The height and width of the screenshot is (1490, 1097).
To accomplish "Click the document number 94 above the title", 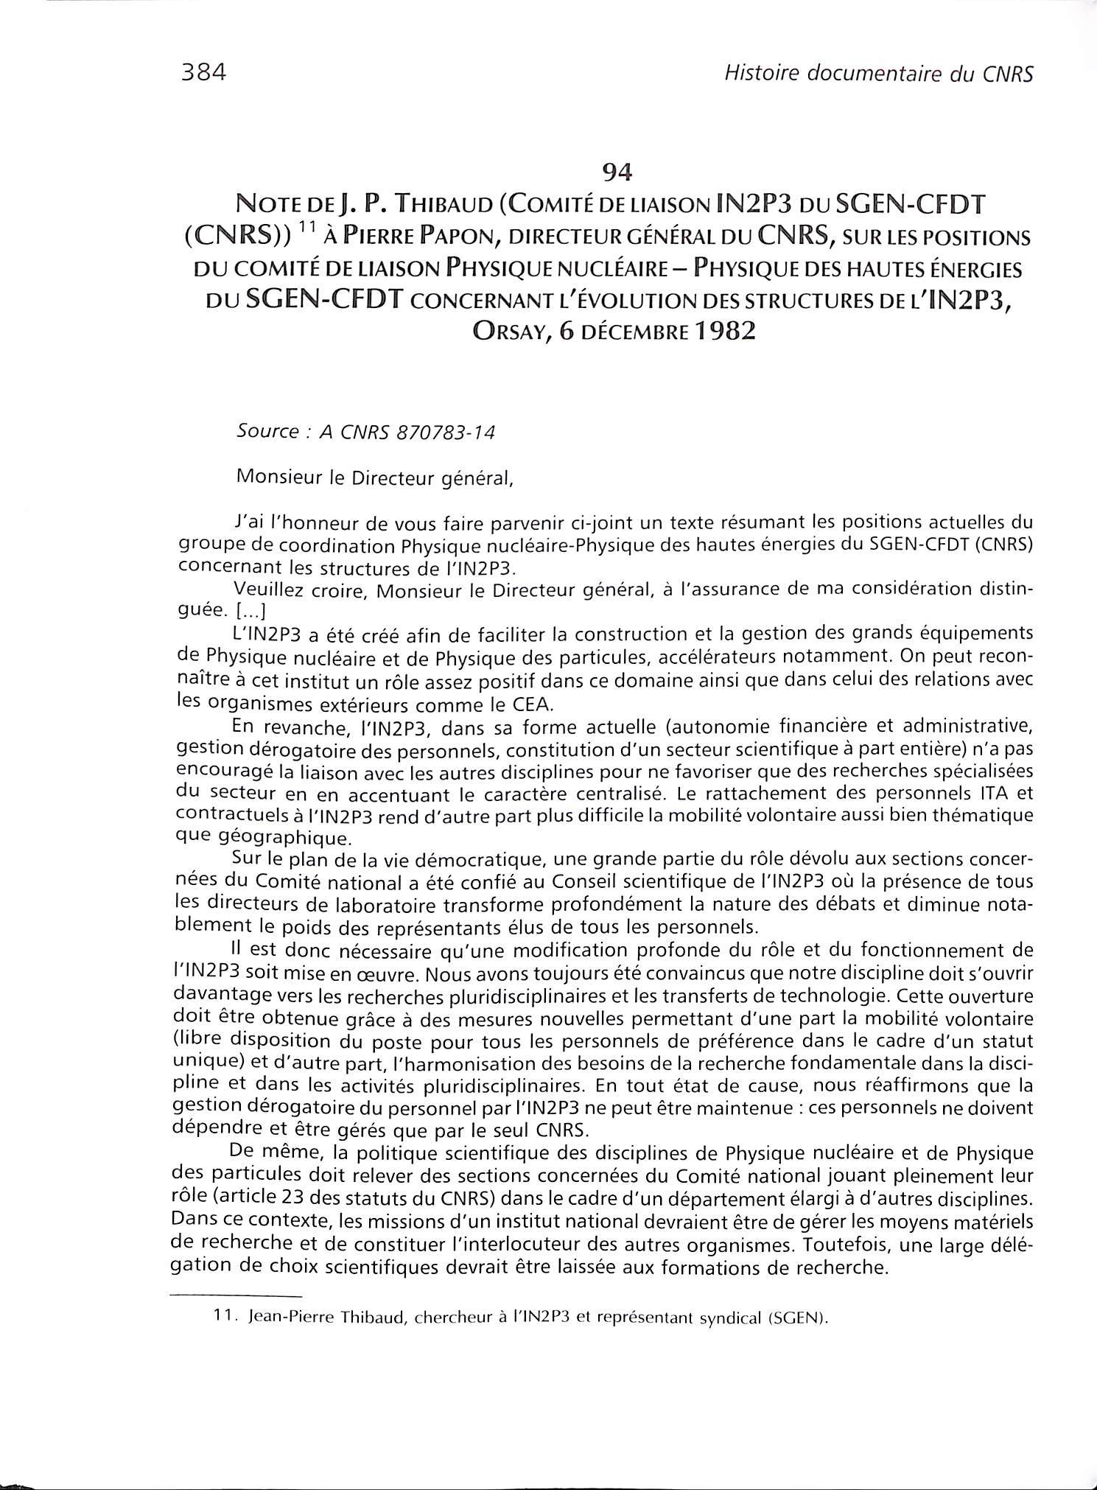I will coord(617,172).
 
